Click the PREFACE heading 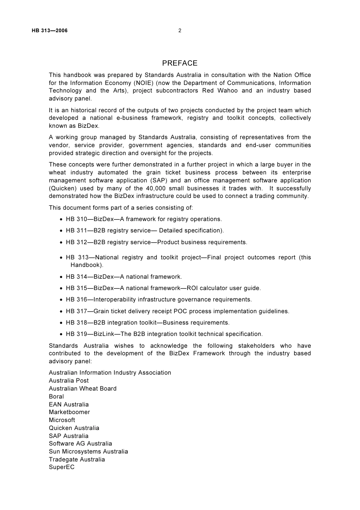(180, 63)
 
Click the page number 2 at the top (180, 31)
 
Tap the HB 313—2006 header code (50, 31)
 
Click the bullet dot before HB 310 (61, 220)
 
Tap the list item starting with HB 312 (157, 242)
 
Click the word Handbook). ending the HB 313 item (87, 265)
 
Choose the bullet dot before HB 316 (61, 300)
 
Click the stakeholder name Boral (56, 397)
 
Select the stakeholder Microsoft (62, 420)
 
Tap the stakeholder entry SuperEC (61, 467)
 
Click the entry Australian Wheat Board (83, 389)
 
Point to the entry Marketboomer (69, 412)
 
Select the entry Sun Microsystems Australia (88, 452)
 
